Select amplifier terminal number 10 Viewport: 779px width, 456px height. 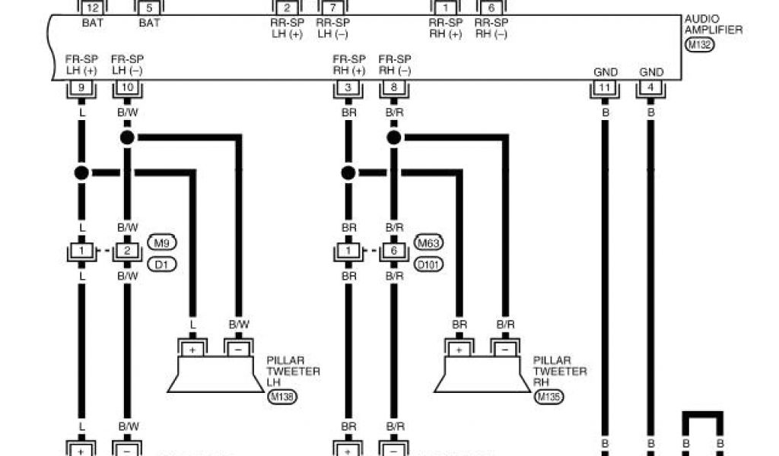126,88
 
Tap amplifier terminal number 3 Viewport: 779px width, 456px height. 348,88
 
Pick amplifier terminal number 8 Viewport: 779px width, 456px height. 393,88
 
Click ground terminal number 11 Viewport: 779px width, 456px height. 605,88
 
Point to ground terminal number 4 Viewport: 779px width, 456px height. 650,88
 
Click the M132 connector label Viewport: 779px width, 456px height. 699,45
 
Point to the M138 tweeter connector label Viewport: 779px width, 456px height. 281,396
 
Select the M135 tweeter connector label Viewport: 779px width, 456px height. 548,396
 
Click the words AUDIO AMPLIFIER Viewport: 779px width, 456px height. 713,25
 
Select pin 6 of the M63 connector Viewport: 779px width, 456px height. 393,252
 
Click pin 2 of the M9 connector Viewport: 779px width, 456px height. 126,252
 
